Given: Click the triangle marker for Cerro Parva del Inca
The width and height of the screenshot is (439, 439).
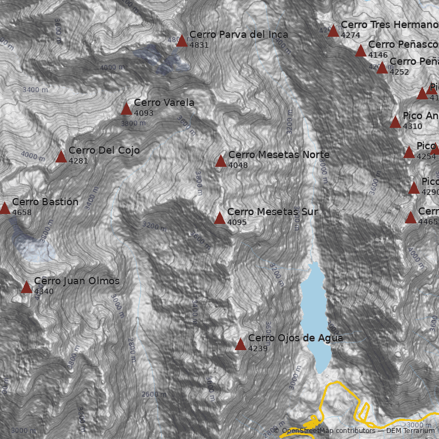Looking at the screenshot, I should [x=182, y=41].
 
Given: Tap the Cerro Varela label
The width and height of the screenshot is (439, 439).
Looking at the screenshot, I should [x=164, y=103].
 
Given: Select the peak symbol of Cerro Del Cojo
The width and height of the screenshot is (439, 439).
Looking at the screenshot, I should [x=61, y=157].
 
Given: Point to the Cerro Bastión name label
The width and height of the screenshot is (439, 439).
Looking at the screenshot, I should [x=45, y=202].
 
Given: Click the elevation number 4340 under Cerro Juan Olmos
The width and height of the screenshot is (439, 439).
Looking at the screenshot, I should [x=44, y=291].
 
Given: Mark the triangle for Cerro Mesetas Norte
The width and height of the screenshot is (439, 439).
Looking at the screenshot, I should [x=221, y=161].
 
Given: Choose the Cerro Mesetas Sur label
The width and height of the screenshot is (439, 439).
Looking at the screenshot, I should [x=272, y=212].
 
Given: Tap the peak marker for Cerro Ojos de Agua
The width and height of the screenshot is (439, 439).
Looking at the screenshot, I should [x=240, y=345].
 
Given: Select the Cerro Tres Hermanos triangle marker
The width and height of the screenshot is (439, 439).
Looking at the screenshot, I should [x=333, y=31].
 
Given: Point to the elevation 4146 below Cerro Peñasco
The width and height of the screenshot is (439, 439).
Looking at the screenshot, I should [x=378, y=55].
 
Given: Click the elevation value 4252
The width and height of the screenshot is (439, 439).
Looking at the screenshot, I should [x=399, y=72].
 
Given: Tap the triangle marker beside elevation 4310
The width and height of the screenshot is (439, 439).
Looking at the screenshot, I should [x=395, y=122].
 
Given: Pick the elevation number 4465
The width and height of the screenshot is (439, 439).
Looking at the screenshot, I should [x=428, y=222].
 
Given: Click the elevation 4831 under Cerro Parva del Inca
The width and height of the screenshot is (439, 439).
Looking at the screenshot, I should [x=199, y=45].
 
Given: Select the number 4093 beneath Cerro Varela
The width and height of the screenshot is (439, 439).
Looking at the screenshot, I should [x=144, y=113].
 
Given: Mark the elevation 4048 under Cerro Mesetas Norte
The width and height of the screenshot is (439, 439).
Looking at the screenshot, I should [x=238, y=165].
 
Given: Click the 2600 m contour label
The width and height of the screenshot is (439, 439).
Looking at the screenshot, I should [x=154, y=395].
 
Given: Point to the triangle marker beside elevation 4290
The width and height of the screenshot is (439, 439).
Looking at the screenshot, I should [x=414, y=188].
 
